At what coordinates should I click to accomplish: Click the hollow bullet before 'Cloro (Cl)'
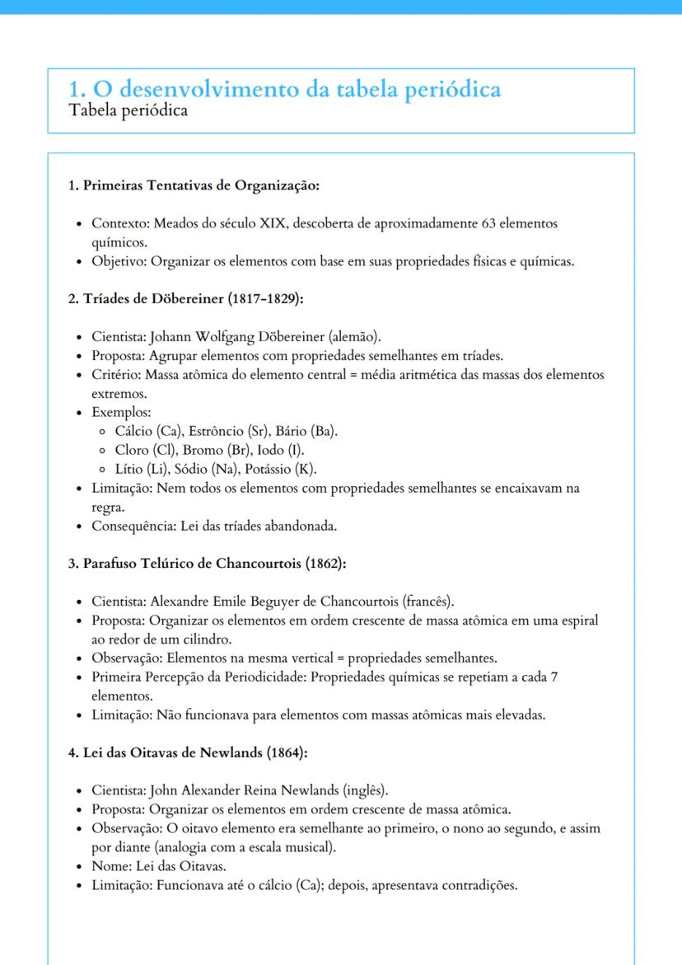[100, 451]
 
